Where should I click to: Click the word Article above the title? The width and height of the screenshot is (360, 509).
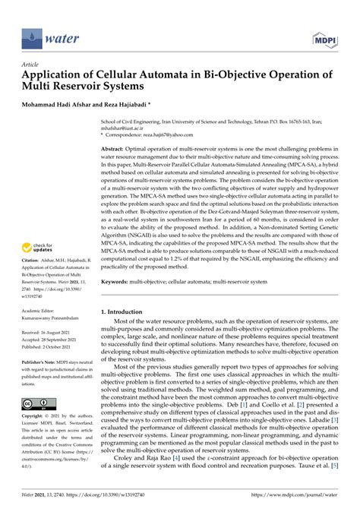click(x=33, y=65)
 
